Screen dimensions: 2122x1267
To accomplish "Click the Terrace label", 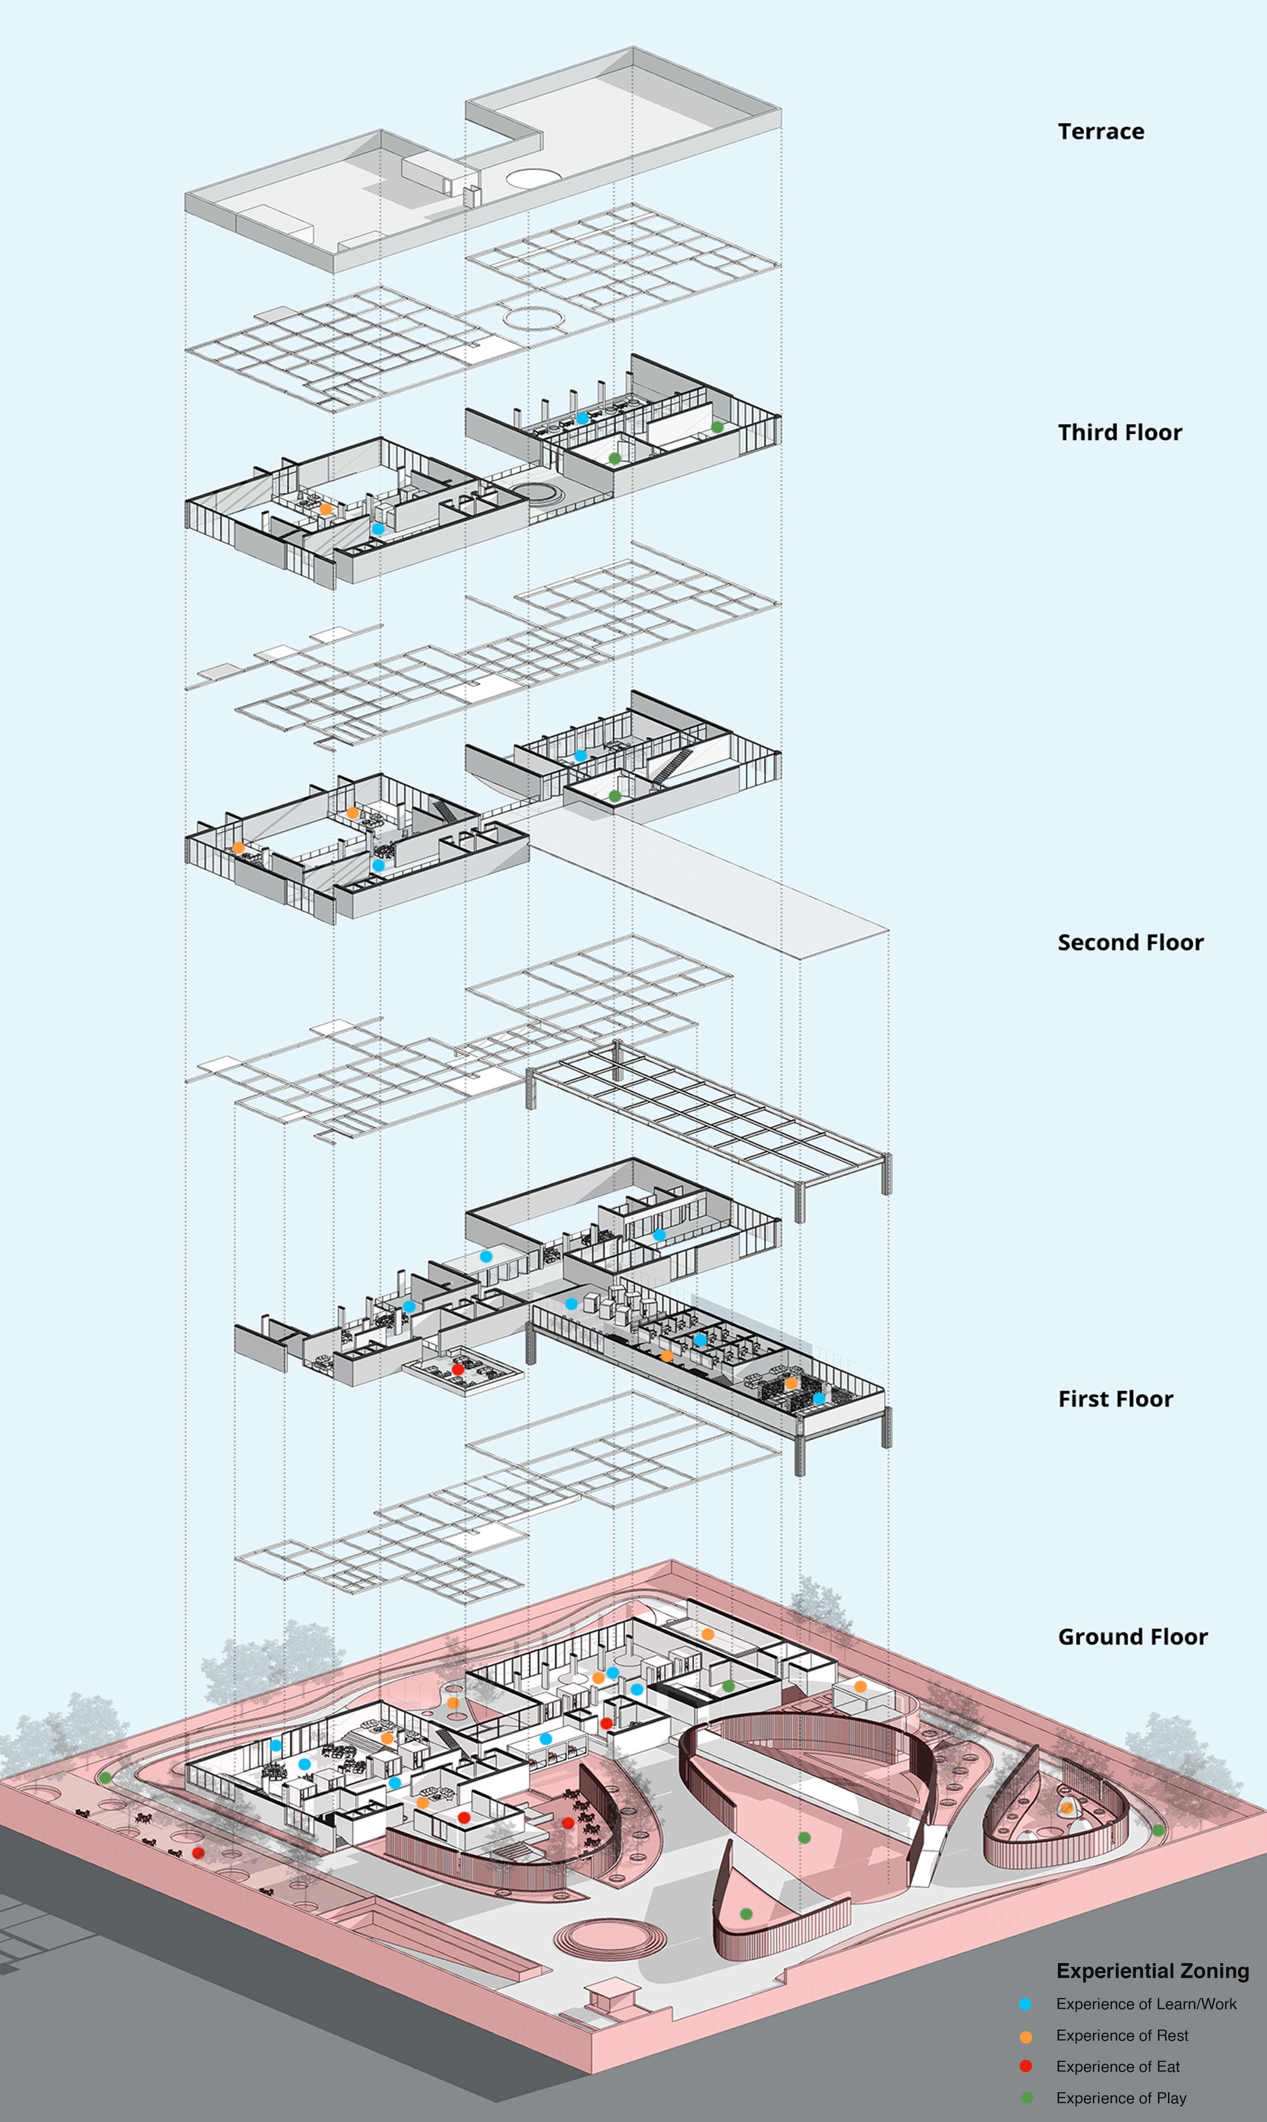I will tap(1101, 132).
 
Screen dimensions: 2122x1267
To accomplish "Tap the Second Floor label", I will tap(1130, 943).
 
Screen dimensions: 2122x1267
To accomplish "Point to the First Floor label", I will tap(1115, 1399).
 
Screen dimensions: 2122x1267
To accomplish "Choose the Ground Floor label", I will tap(1133, 1637).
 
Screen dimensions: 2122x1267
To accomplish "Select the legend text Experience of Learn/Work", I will tap(1146, 2004).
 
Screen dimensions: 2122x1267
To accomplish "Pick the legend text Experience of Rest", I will tap(1122, 2036).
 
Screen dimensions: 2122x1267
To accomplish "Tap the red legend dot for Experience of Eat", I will tap(1026, 2067).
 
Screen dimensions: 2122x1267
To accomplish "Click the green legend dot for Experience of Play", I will tap(1026, 2098).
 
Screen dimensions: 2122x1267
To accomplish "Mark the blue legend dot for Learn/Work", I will tap(1026, 2004).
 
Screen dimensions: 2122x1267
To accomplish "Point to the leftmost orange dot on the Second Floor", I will tap(238, 848).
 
